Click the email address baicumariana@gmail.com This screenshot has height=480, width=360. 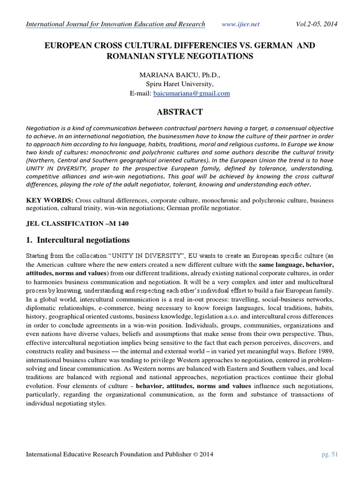192,93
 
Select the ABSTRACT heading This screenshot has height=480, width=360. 180,112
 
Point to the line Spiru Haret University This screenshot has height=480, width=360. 180,84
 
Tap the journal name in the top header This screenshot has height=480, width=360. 115,24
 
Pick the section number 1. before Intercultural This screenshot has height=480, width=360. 30,240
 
